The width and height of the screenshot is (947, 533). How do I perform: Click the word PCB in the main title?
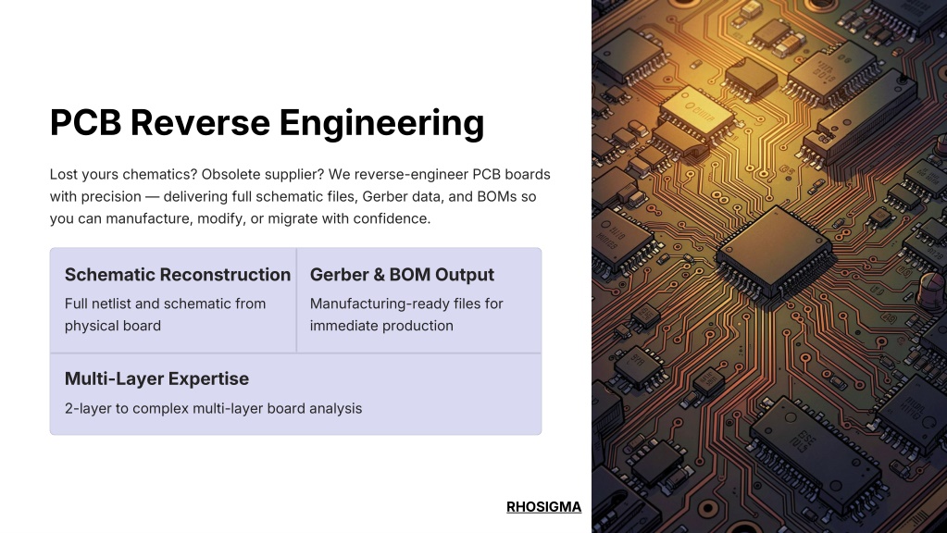pos(85,122)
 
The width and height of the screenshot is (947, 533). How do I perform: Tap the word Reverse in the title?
pos(200,122)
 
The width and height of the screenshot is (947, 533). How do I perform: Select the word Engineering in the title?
pos(381,124)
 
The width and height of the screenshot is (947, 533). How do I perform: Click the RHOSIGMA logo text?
pos(543,507)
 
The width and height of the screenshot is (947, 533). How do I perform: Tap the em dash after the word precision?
pos(152,197)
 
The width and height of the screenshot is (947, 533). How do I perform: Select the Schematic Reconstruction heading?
pos(178,275)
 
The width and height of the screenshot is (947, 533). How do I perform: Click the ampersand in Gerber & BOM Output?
pos(380,275)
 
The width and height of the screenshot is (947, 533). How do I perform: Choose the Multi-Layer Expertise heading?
pos(156,379)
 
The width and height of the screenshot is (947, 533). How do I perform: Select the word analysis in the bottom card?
pos(335,409)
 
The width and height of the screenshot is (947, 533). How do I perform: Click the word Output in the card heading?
pos(465,275)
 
